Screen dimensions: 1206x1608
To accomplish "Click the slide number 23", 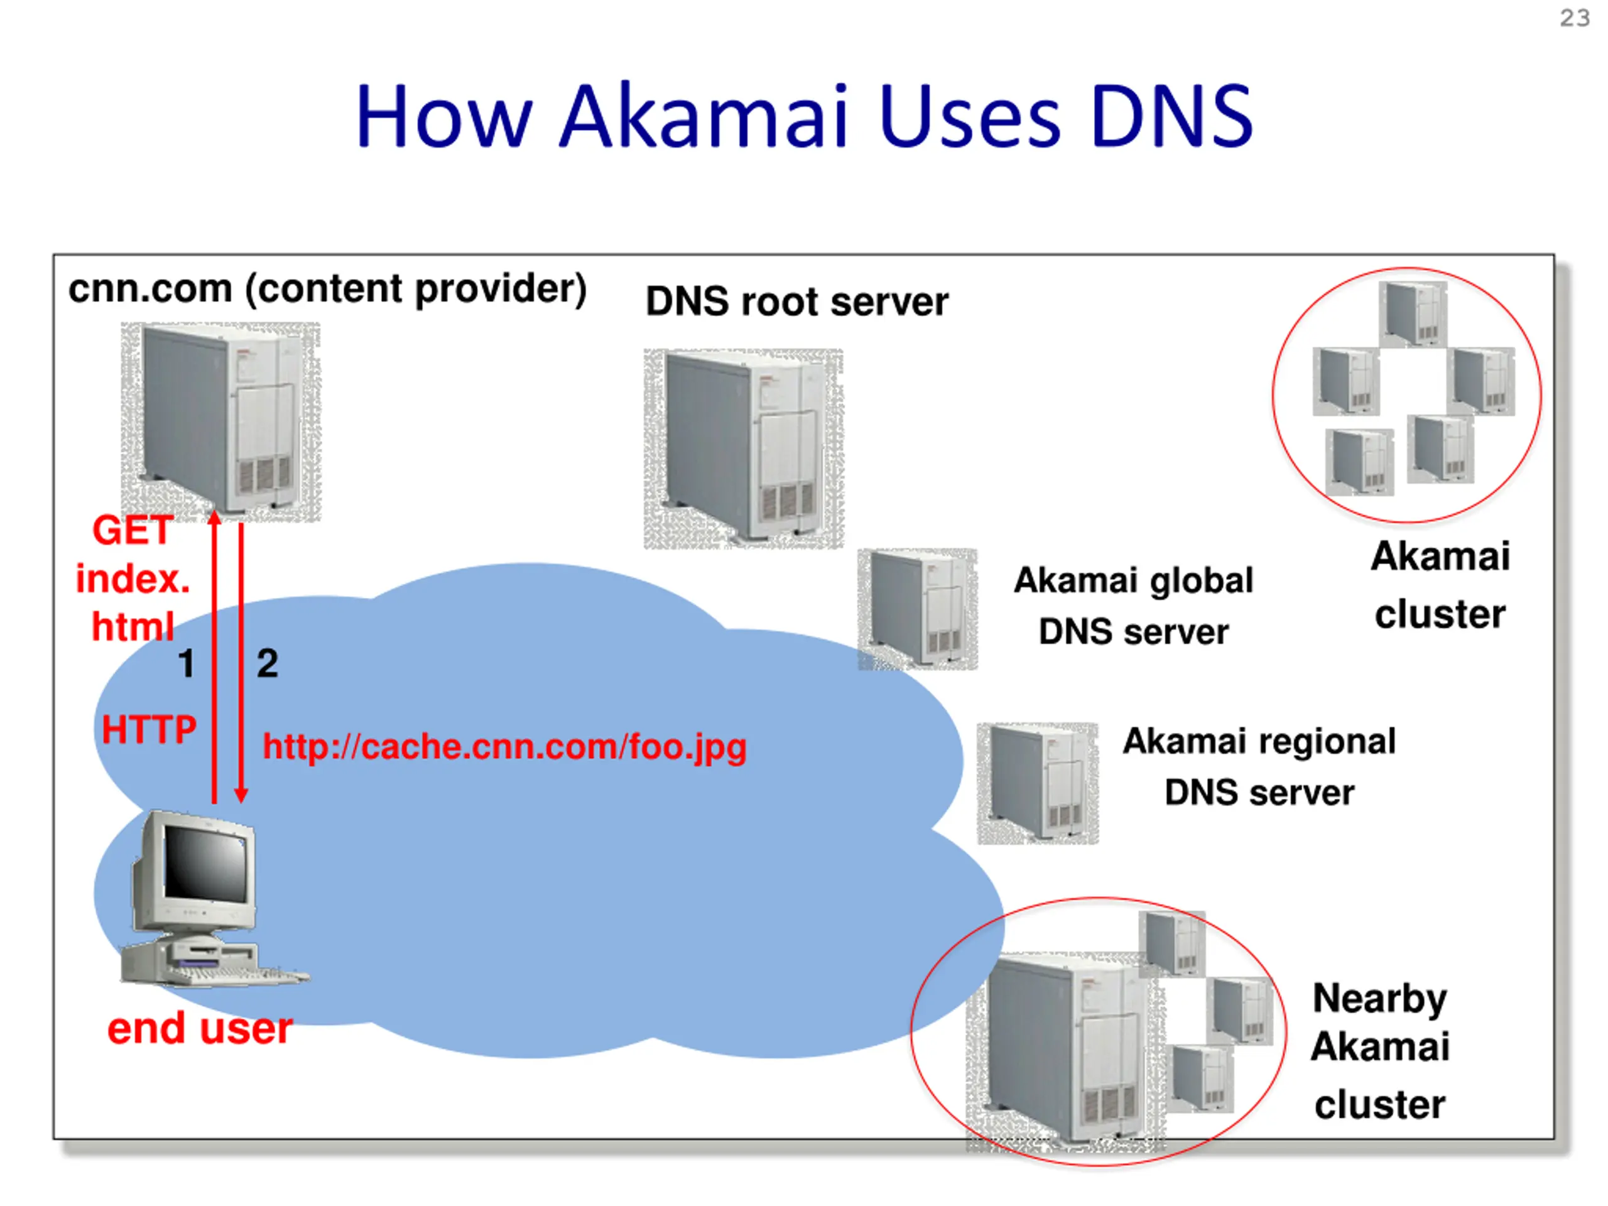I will (1575, 18).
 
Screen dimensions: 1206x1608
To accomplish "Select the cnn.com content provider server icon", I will (220, 421).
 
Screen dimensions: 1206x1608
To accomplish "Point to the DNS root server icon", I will (743, 448).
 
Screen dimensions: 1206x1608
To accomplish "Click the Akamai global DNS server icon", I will (918, 609).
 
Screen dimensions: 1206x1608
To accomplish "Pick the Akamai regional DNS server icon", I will (1038, 783).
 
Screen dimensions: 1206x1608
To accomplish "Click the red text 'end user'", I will (200, 1029).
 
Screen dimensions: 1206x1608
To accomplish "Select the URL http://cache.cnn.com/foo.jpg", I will (504, 747).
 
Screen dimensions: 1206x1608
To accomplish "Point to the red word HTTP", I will (149, 729).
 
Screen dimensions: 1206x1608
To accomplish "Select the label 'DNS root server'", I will (796, 301).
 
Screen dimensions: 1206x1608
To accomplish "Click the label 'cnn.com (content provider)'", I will (327, 288).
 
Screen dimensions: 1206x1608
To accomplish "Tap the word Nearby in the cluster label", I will (1379, 999).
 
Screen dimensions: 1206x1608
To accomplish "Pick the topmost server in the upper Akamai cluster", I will (1413, 314).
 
